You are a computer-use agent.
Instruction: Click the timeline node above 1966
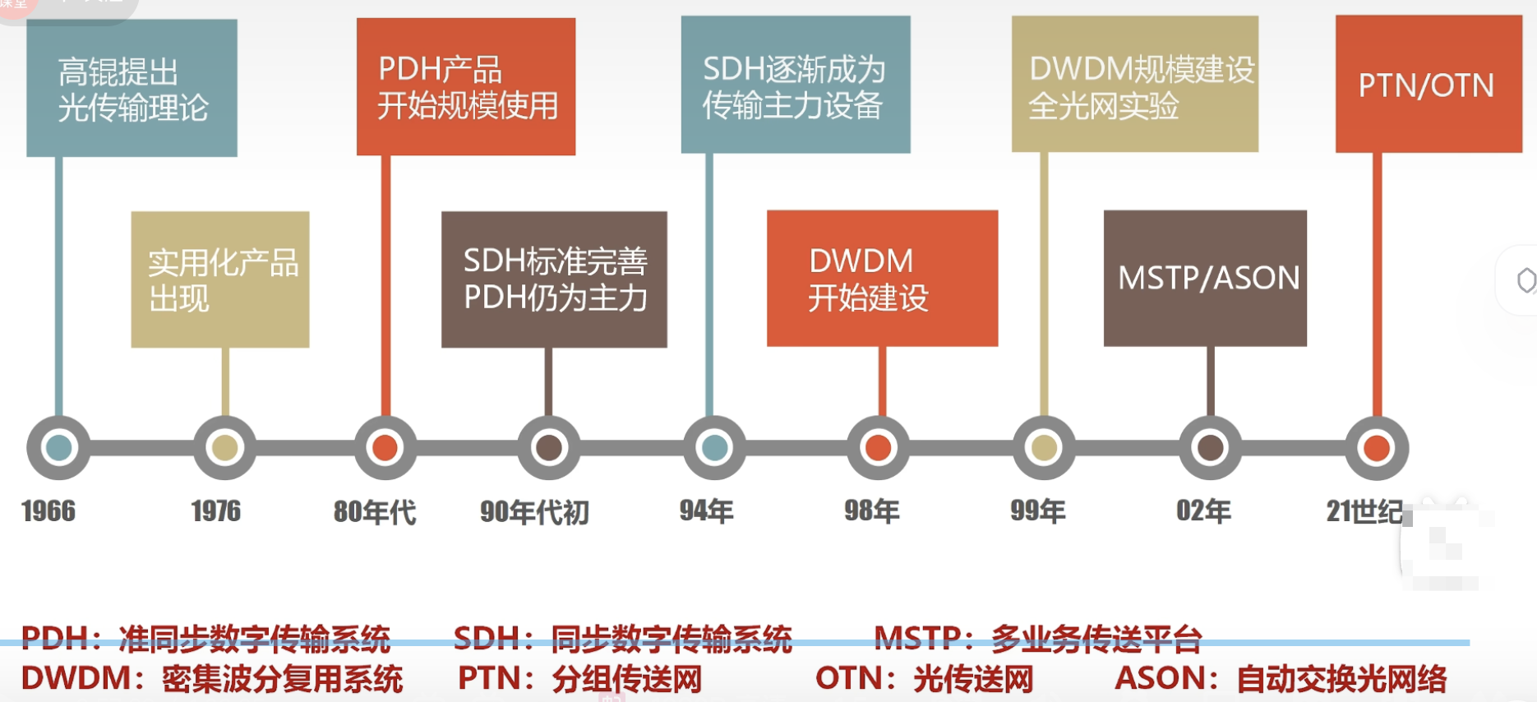[58, 448]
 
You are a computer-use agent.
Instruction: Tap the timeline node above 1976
[224, 448]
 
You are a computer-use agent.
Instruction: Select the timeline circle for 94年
[714, 448]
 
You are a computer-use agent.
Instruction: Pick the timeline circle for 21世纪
[1377, 448]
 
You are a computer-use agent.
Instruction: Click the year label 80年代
[375, 511]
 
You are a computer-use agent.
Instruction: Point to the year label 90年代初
[534, 511]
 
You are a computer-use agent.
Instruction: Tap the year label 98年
[872, 510]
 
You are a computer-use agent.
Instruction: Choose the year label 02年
[1203, 510]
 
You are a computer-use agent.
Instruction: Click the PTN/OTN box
[1429, 84]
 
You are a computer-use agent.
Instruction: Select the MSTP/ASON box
[1205, 278]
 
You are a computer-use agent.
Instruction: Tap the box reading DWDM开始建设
[882, 278]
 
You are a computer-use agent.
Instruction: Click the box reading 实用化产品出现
[220, 279]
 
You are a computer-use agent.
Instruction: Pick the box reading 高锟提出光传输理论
[132, 88]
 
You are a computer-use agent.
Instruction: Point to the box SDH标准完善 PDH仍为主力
[554, 279]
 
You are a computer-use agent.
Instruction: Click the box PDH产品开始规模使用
[466, 86]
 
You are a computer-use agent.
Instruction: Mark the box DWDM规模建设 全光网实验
[1134, 84]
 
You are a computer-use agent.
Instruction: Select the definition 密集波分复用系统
[282, 679]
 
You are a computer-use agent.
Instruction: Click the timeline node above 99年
[1044, 448]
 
